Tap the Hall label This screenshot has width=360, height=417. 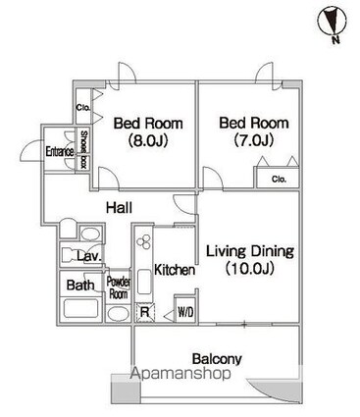click(x=120, y=208)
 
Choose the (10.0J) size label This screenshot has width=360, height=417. click(x=251, y=268)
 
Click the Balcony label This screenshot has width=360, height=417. click(x=217, y=359)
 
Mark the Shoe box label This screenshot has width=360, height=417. click(x=84, y=151)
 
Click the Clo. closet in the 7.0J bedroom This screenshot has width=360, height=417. click(x=278, y=179)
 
